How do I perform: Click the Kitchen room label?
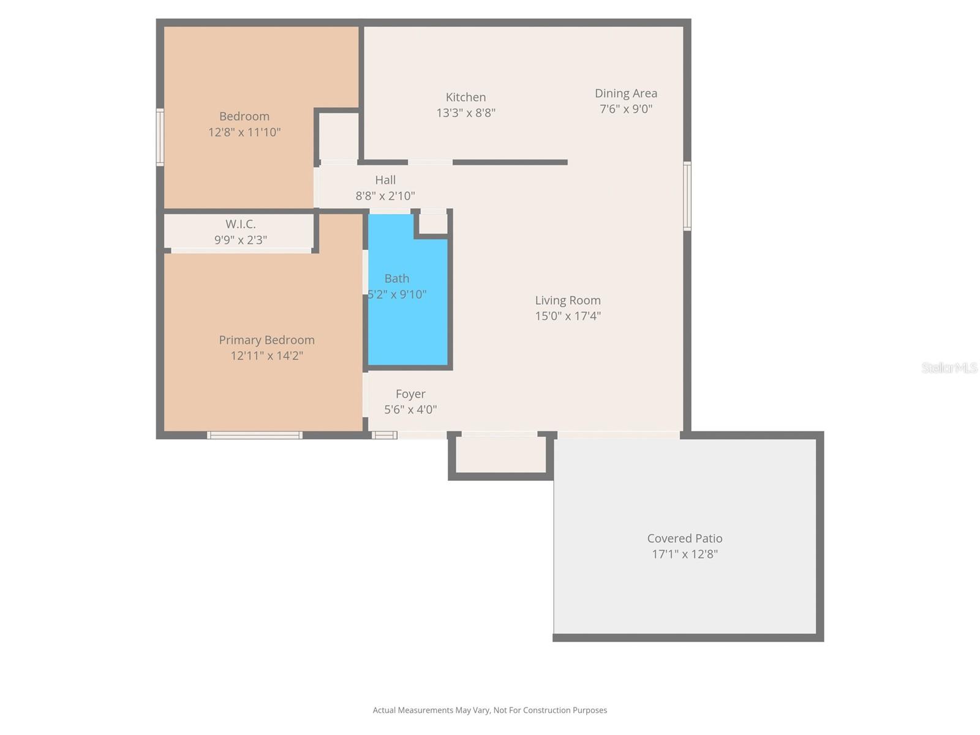point(466,97)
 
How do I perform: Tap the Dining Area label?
point(625,94)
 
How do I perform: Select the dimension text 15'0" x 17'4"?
point(568,316)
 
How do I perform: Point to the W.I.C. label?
point(240,224)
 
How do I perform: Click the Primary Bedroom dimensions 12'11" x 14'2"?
point(266,356)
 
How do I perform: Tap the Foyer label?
point(410,394)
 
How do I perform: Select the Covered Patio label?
point(685,538)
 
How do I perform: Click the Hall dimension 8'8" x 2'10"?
point(385,196)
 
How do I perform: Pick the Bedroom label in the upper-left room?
point(244,116)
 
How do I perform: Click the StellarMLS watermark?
point(949,367)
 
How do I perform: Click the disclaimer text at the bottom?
point(490,710)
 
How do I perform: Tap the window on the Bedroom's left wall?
point(160,137)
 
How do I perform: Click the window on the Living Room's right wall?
point(687,196)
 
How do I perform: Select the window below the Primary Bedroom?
point(254,435)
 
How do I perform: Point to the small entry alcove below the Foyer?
point(500,455)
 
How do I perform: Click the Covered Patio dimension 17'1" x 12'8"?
point(685,554)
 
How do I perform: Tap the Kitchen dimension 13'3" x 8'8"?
point(466,113)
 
